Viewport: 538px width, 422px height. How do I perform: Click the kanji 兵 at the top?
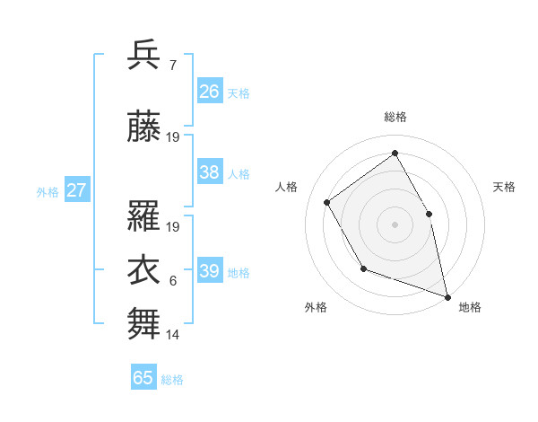[144, 56]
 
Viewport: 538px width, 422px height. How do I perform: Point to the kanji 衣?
[144, 270]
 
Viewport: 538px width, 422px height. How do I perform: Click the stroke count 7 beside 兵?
[172, 66]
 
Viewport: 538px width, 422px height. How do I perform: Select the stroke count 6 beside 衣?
[172, 281]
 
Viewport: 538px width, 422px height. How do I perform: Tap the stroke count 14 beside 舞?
[173, 335]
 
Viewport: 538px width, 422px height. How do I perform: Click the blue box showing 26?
[210, 92]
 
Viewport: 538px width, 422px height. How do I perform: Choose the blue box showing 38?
[210, 172]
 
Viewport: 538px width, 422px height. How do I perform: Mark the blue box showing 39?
[210, 271]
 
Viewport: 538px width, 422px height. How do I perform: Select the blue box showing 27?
[77, 190]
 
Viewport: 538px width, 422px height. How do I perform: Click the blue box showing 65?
[143, 378]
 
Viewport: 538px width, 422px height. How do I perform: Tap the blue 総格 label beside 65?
[172, 380]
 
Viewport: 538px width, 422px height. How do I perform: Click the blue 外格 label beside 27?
[48, 191]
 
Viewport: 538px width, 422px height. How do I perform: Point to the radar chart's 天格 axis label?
[504, 187]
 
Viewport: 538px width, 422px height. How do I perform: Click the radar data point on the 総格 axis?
[395, 153]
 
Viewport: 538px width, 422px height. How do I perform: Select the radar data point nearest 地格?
[447, 295]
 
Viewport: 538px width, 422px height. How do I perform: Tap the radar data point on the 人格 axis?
[327, 202]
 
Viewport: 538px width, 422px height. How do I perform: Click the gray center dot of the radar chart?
[395, 224]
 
